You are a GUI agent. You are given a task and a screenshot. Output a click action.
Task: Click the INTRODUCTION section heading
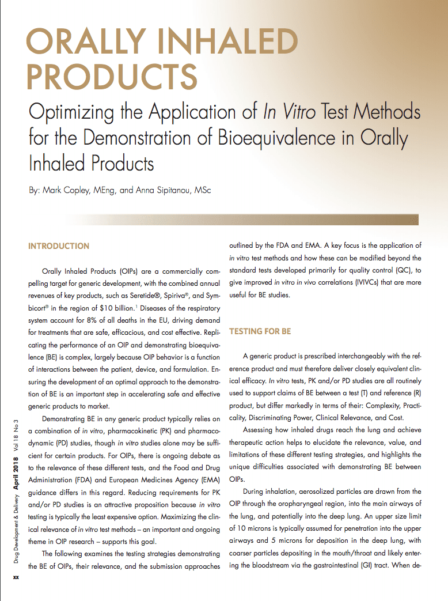59,246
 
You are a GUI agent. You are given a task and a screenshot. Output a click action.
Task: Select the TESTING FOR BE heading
260,332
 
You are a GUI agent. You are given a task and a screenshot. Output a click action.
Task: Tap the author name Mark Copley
68,190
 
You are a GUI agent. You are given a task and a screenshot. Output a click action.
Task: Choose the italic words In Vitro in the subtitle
291,111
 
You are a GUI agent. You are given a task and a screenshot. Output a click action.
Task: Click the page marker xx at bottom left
16,577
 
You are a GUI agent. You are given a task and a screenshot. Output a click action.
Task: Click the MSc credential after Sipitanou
203,190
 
